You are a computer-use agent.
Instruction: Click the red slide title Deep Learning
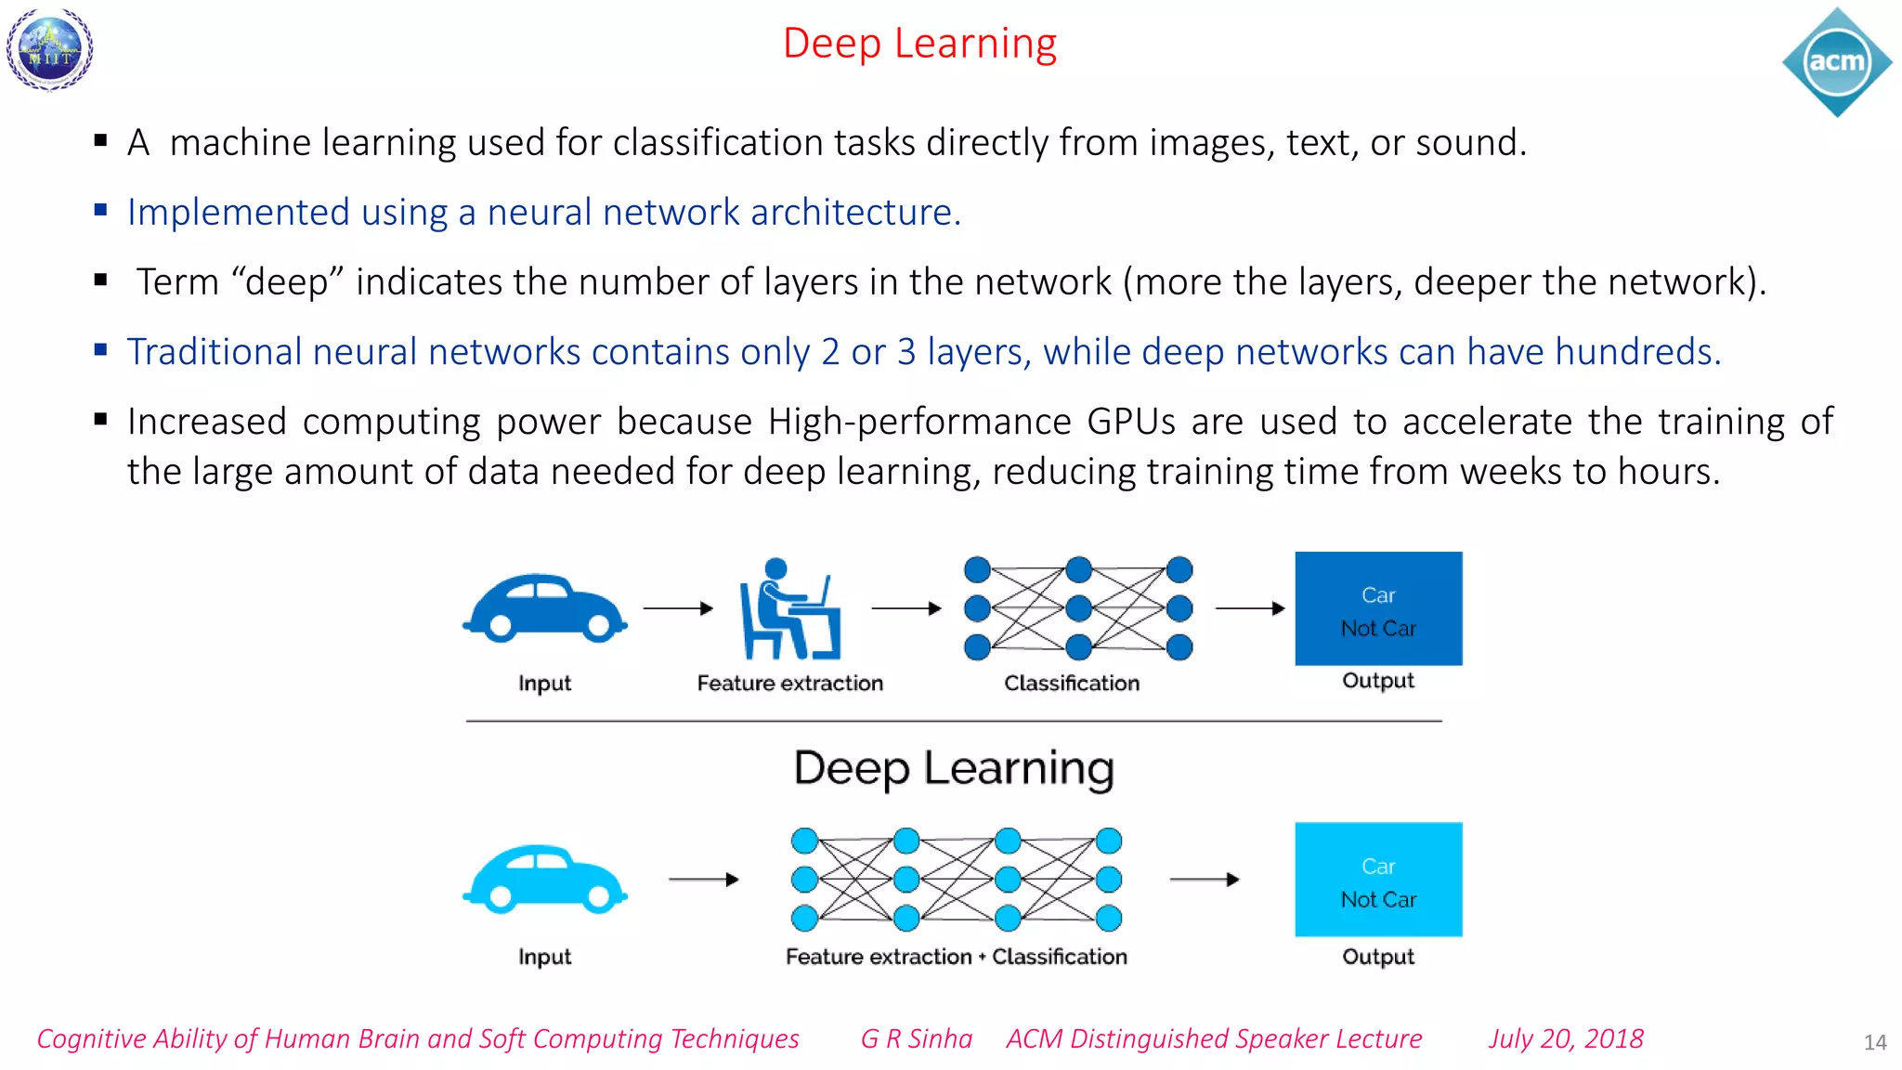[x=919, y=44]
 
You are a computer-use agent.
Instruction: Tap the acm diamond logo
[x=1836, y=62]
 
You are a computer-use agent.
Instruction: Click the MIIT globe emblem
[x=50, y=49]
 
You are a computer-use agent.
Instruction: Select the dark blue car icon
[x=545, y=608]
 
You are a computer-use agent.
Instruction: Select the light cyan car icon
[x=545, y=880]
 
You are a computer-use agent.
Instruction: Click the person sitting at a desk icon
[x=789, y=609]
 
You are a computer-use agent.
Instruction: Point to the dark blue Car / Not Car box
[x=1378, y=608]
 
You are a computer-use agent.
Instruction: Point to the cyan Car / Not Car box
[x=1378, y=880]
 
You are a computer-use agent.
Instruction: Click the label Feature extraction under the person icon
[x=789, y=684]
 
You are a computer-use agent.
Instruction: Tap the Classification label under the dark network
[x=1071, y=684]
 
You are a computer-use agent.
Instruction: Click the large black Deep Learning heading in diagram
[x=954, y=769]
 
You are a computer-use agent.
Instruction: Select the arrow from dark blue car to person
[x=678, y=608]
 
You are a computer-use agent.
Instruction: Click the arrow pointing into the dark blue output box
[x=1250, y=608]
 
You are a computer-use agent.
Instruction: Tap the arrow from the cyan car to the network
[x=703, y=879]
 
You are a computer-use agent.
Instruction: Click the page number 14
[x=1874, y=1042]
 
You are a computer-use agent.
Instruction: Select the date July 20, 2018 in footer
[x=1566, y=1038]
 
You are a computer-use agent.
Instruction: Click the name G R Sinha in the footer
[x=916, y=1038]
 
